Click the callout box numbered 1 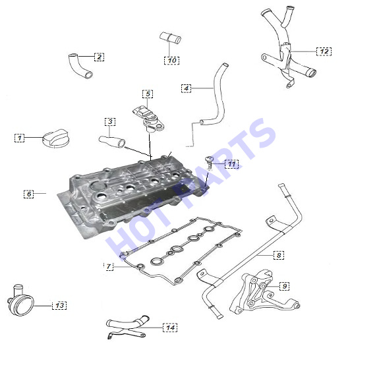pyautogui.click(x=19, y=138)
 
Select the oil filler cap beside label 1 pyautogui.click(x=56, y=138)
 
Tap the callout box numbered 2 pyautogui.click(x=99, y=57)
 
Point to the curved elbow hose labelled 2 pyautogui.click(x=80, y=66)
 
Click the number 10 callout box pyautogui.click(x=171, y=60)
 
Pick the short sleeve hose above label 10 pyautogui.click(x=170, y=38)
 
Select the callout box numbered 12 pyautogui.click(x=324, y=51)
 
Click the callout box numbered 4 pyautogui.click(x=186, y=88)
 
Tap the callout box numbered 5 pyautogui.click(x=148, y=94)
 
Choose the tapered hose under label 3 pyautogui.click(x=112, y=142)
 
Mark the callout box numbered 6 pyautogui.click(x=28, y=194)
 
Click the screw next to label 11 pyautogui.click(x=210, y=163)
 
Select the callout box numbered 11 pyautogui.click(x=231, y=164)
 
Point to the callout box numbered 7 pyautogui.click(x=109, y=266)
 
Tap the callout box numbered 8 pyautogui.click(x=279, y=255)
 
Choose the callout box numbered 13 pyautogui.click(x=59, y=306)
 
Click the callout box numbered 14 pyautogui.click(x=170, y=328)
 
